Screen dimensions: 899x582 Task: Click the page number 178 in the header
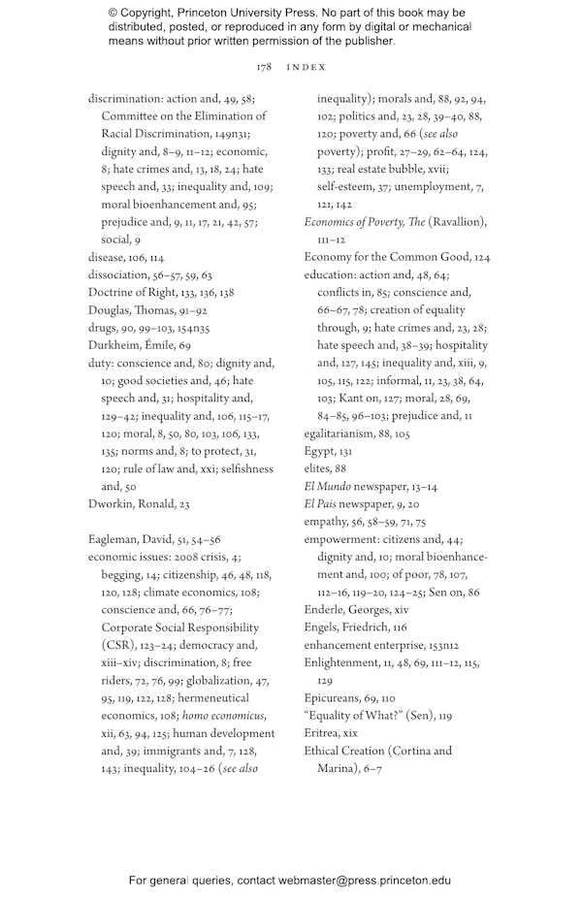263,67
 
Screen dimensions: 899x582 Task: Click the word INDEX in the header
307,67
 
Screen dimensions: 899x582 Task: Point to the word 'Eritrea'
323,733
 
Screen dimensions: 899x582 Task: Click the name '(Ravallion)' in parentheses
457,222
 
